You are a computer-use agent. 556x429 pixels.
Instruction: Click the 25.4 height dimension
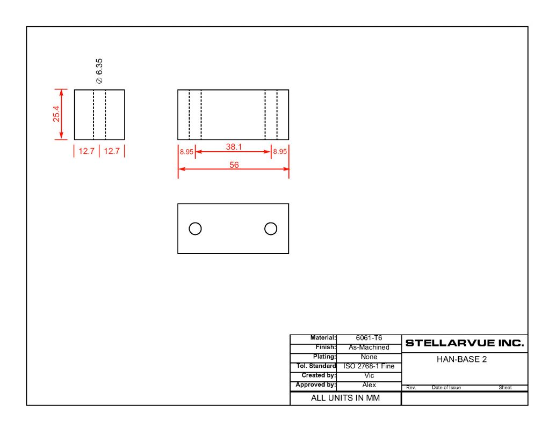click(x=56, y=114)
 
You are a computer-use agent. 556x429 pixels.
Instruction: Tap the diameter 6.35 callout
click(x=99, y=71)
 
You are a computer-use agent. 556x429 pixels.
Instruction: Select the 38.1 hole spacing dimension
click(x=234, y=146)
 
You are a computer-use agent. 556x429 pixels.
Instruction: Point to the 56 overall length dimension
click(x=234, y=165)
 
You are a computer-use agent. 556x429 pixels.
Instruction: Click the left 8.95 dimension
click(x=186, y=152)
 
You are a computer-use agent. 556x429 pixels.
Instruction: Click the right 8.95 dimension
click(x=280, y=152)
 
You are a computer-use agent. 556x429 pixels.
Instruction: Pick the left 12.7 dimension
click(x=86, y=151)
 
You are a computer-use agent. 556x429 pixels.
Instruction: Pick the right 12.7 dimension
click(x=112, y=151)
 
